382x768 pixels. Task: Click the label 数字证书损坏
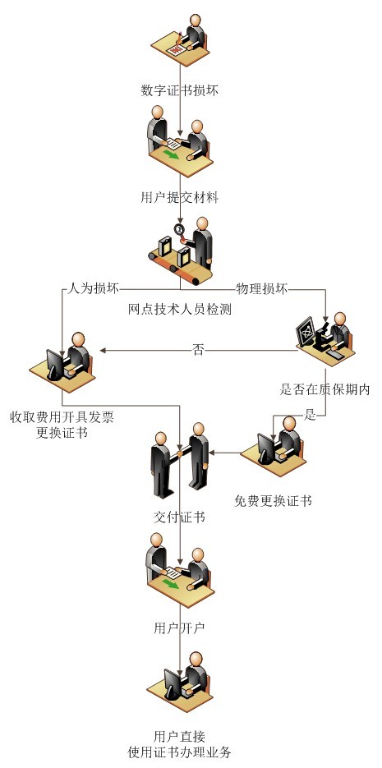[179, 90]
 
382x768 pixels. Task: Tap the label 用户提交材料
[179, 197]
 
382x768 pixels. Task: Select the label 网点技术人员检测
[179, 309]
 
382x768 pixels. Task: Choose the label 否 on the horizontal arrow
[198, 350]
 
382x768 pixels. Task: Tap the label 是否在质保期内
[324, 389]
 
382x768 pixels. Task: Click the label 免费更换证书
[273, 500]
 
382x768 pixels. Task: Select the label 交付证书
[179, 517]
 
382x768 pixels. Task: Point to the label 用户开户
[179, 628]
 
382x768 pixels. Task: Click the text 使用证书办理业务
[179, 752]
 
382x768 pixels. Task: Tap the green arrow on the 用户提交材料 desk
[172, 154]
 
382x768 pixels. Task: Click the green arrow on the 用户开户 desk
[172, 584]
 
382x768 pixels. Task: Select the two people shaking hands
[180, 459]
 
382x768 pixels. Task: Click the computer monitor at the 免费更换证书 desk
[267, 448]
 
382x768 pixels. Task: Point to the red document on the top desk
[175, 48]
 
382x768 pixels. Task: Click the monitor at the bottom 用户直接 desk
[173, 683]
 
